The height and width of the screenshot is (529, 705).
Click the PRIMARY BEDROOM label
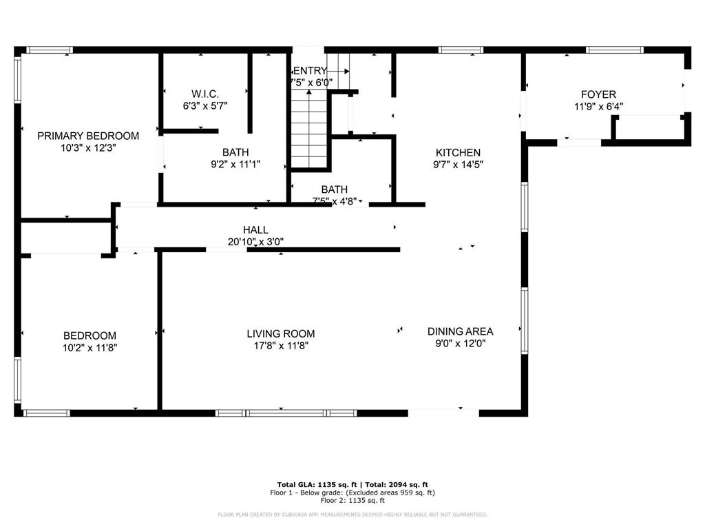pyautogui.click(x=88, y=136)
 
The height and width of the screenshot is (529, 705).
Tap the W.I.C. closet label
pyautogui.click(x=205, y=94)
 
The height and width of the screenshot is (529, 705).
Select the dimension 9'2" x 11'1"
pyautogui.click(x=235, y=164)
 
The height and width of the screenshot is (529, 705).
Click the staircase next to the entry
pyautogui.click(x=308, y=131)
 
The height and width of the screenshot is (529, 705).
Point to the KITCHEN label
pyautogui.click(x=458, y=152)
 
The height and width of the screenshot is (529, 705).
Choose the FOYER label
pyautogui.click(x=598, y=94)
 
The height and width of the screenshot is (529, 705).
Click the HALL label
pyautogui.click(x=255, y=229)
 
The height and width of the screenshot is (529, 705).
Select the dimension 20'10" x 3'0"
pyautogui.click(x=255, y=241)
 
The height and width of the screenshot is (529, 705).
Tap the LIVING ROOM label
pyautogui.click(x=281, y=333)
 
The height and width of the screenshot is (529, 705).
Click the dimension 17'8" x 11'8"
pyautogui.click(x=281, y=346)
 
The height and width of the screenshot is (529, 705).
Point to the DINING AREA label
pyautogui.click(x=460, y=331)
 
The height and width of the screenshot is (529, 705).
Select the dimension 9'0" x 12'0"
pyautogui.click(x=460, y=343)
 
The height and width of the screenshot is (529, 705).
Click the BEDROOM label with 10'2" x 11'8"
pyautogui.click(x=90, y=335)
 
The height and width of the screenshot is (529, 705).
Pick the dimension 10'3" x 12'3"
pyautogui.click(x=88, y=147)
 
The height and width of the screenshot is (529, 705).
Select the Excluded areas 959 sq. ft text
pyautogui.click(x=391, y=492)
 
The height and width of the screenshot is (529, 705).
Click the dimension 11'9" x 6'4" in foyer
pyautogui.click(x=598, y=106)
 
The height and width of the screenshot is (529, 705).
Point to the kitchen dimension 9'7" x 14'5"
pyautogui.click(x=458, y=164)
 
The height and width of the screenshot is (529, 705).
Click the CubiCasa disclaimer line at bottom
pyautogui.click(x=352, y=515)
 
